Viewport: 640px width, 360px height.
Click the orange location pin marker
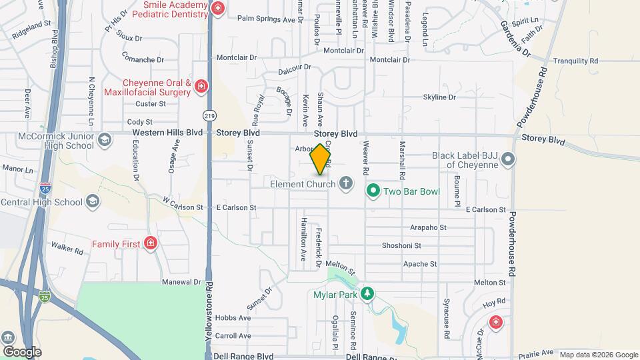pos(321,159)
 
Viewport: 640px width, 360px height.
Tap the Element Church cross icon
pos(345,183)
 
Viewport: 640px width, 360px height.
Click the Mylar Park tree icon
pos(366,293)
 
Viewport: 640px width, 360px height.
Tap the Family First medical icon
pos(151,243)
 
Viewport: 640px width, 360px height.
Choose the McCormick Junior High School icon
pos(104,140)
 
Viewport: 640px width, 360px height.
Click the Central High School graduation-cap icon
pos(93,201)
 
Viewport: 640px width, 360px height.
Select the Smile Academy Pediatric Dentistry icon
pos(217,9)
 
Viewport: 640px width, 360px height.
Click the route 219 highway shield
pos(210,115)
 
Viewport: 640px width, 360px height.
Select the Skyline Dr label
pos(439,97)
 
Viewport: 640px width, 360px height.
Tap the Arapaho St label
pos(428,227)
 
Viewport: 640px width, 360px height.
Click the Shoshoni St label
pos(401,245)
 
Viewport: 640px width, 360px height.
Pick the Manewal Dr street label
pos(181,282)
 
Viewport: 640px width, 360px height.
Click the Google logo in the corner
pos(22,351)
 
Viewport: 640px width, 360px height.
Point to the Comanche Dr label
pos(143,59)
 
